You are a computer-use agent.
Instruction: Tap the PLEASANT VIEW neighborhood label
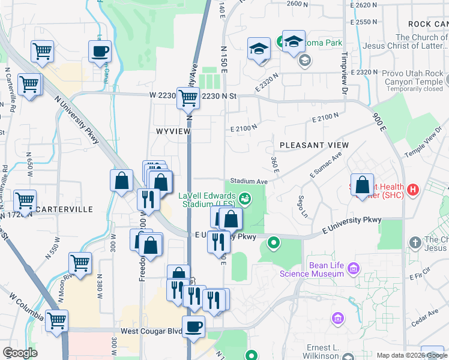[314, 145]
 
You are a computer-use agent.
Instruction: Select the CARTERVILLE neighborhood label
[64, 209]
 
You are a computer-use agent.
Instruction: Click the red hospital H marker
[412, 191]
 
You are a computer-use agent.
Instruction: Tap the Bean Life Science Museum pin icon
[354, 267]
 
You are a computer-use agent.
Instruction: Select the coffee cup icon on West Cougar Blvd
[193, 327]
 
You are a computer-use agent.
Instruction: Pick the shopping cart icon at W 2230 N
[188, 97]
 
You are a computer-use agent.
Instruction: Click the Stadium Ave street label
[249, 181]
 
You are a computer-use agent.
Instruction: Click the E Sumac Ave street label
[326, 164]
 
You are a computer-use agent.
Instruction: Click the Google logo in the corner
[20, 353]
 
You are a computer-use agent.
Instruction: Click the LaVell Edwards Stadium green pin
[244, 197]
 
